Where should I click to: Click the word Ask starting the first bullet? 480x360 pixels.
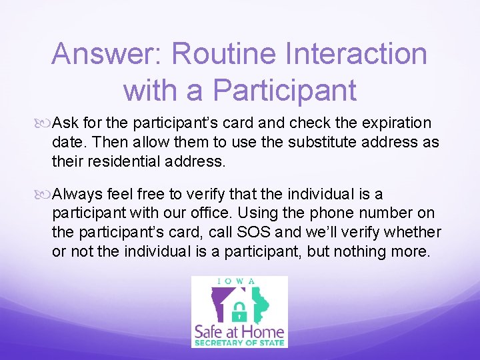click(x=65, y=123)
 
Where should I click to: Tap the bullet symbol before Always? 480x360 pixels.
click(x=45, y=195)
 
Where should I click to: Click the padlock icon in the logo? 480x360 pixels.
click(x=238, y=311)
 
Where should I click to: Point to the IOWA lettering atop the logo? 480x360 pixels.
click(x=239, y=281)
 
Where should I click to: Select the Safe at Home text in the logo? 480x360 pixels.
click(x=239, y=331)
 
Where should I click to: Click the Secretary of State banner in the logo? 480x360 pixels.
click(x=239, y=343)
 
